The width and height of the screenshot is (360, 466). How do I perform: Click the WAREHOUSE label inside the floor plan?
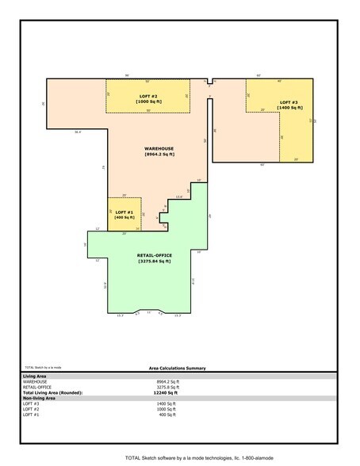[159, 149]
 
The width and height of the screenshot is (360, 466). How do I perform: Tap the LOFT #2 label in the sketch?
[148, 96]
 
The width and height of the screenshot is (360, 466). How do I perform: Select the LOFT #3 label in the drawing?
[289, 102]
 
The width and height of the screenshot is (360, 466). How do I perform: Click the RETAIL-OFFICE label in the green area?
[155, 254]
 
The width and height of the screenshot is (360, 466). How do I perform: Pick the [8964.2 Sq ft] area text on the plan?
[159, 155]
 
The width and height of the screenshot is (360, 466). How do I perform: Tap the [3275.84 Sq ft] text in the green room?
[155, 261]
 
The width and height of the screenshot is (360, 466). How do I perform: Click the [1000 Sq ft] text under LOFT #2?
[148, 101]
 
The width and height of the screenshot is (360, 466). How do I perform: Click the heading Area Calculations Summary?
[177, 369]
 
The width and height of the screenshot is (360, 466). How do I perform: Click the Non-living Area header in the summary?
[40, 398]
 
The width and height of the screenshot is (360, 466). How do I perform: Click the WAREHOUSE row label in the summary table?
[36, 381]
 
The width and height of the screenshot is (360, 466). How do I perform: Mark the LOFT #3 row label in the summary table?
[32, 403]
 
